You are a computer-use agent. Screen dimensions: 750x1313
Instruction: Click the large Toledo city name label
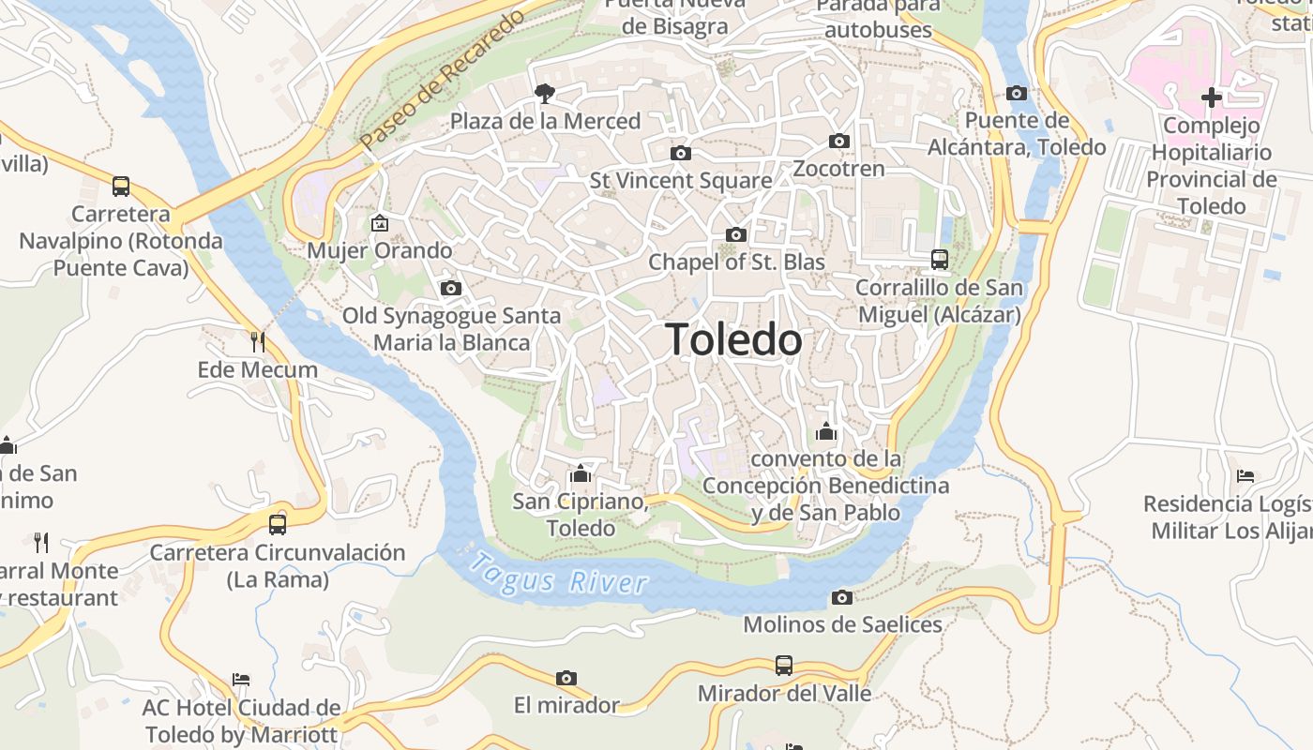(734, 339)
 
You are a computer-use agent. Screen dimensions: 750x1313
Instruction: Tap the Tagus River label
(559, 574)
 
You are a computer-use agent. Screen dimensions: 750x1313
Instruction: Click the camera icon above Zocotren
(839, 142)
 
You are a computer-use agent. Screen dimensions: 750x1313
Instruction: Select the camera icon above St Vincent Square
(681, 153)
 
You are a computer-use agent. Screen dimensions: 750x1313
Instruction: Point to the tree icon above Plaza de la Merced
(544, 93)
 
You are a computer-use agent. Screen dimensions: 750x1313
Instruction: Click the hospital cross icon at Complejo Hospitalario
(1212, 97)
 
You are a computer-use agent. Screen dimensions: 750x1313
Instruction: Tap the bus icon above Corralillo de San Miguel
(940, 259)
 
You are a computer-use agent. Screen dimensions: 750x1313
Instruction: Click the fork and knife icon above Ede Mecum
(258, 341)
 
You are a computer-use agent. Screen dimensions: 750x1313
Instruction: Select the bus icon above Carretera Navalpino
(121, 186)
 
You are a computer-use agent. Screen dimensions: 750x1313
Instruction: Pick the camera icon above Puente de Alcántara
(1017, 93)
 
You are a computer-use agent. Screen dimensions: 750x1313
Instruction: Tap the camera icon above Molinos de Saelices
(842, 597)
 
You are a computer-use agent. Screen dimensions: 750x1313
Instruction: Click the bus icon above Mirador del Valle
(784, 666)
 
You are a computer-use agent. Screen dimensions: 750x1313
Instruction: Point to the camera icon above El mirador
(566, 678)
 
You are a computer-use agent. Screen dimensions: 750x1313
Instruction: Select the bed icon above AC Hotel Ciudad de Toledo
(241, 680)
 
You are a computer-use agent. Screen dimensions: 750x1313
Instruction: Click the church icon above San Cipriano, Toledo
(581, 473)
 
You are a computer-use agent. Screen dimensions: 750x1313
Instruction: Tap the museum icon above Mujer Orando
(380, 223)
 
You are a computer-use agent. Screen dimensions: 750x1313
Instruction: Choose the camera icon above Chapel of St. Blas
(736, 234)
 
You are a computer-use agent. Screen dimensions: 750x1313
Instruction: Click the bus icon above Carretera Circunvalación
(278, 524)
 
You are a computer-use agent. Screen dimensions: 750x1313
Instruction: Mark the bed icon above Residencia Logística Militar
(1245, 476)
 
